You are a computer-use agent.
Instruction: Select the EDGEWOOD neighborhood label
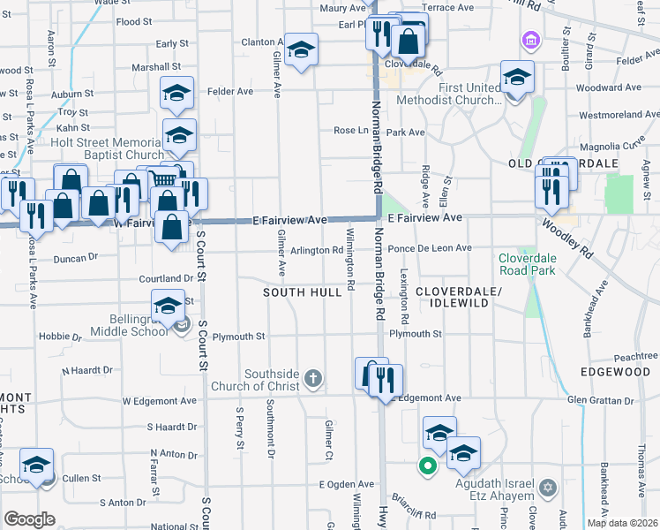pyautogui.click(x=615, y=372)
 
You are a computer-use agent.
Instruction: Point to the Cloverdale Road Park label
pyautogui.click(x=527, y=264)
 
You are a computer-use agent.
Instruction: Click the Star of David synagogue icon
pyautogui.click(x=548, y=488)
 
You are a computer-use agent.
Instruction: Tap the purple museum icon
pyautogui.click(x=529, y=40)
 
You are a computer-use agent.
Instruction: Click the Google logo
pyautogui.click(x=30, y=519)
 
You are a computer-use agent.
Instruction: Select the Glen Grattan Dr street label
pyautogui.click(x=601, y=399)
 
